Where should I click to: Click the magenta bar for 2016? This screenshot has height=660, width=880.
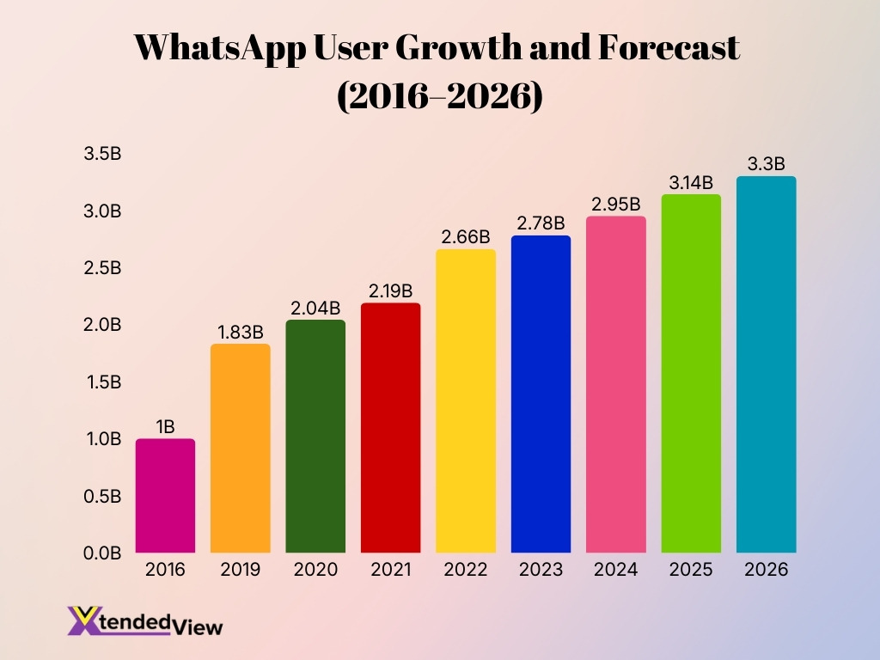coord(165,496)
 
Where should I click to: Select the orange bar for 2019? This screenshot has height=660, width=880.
coord(241,449)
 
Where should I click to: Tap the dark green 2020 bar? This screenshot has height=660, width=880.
coord(315,437)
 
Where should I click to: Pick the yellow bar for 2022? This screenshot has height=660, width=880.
coord(466,401)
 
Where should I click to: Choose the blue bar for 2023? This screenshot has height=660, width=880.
coord(541,394)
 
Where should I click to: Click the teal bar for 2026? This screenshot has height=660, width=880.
coord(766,364)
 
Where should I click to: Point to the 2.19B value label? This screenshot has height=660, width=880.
coord(391,290)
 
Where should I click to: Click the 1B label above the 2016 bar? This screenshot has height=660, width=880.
coord(165,426)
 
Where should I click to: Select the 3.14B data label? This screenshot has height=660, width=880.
coord(691,182)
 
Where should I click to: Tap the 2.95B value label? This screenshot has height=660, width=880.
coord(616,204)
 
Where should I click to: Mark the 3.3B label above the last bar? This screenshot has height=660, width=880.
coord(766,164)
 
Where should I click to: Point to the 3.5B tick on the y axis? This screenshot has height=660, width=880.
coord(102,155)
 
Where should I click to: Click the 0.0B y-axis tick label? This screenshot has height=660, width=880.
coord(102,553)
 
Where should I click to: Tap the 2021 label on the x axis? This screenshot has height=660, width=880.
coord(391,570)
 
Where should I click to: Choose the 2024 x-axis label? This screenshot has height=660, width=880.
coord(616,570)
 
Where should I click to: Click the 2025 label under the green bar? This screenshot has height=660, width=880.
coord(691,570)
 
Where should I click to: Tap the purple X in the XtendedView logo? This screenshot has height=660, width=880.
coord(83,620)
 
